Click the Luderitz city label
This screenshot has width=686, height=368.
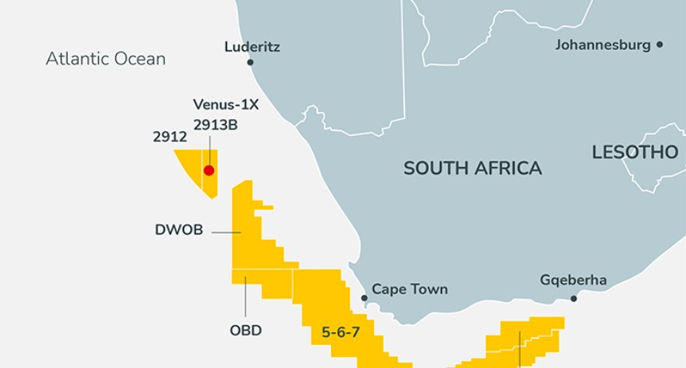(251, 47)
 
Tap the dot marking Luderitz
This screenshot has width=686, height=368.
(250, 62)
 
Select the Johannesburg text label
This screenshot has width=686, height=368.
(602, 45)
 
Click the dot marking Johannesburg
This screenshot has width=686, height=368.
(660, 45)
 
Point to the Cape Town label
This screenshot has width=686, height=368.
(409, 289)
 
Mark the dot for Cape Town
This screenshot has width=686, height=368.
(364, 298)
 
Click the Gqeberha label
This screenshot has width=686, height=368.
(573, 280)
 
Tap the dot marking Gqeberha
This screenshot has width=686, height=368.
(574, 299)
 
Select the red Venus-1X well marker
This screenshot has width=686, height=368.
(209, 170)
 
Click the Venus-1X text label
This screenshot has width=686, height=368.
(226, 105)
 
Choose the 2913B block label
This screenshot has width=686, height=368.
(215, 125)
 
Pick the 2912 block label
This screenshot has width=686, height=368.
(170, 137)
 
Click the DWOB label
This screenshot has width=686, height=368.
(178, 230)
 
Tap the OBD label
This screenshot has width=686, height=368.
(245, 330)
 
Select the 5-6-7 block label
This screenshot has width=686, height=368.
(341, 332)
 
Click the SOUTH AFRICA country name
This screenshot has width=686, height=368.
(472, 169)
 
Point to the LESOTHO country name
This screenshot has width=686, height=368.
(634, 153)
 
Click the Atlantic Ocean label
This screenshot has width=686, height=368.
(105, 59)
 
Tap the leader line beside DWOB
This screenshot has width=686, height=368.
(226, 232)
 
